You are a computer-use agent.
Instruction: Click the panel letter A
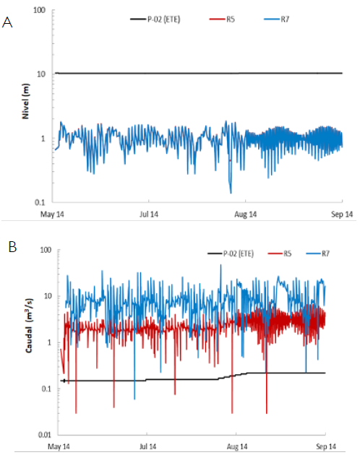8,23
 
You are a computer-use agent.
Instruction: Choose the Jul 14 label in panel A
149,214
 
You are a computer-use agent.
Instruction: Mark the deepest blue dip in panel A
231,192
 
